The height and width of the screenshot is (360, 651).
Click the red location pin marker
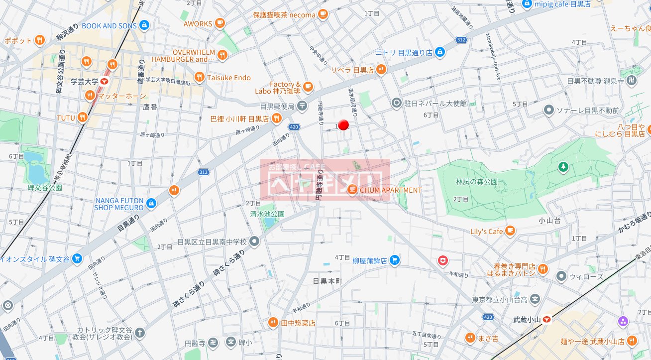[x=343, y=125]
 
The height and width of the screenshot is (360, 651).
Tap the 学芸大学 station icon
[x=105, y=81]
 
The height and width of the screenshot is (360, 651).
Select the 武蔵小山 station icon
[x=546, y=319]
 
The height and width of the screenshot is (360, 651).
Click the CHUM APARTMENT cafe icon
[x=352, y=190]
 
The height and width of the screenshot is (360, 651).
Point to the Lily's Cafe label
[x=487, y=232]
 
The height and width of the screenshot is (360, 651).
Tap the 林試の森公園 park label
[x=477, y=182]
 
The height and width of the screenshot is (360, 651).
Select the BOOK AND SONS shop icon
[x=144, y=25]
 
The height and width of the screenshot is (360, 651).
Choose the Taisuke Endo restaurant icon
[x=199, y=77]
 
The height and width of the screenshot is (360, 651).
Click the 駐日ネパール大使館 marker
[x=397, y=103]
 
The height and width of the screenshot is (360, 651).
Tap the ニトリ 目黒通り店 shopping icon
[x=439, y=52]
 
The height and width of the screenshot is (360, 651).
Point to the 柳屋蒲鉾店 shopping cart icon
[x=395, y=260]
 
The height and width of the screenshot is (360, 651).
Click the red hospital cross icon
[x=442, y=260]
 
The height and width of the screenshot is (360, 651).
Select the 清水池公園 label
[x=267, y=214]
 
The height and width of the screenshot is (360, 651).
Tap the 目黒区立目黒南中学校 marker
[x=254, y=241]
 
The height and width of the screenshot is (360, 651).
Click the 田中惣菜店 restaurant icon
[x=273, y=323]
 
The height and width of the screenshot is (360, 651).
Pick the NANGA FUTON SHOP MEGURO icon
[x=151, y=203]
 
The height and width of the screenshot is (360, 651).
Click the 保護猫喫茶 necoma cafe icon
[x=323, y=14]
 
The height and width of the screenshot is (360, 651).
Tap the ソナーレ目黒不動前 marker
[x=549, y=110]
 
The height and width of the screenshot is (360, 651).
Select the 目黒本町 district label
[x=328, y=281]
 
